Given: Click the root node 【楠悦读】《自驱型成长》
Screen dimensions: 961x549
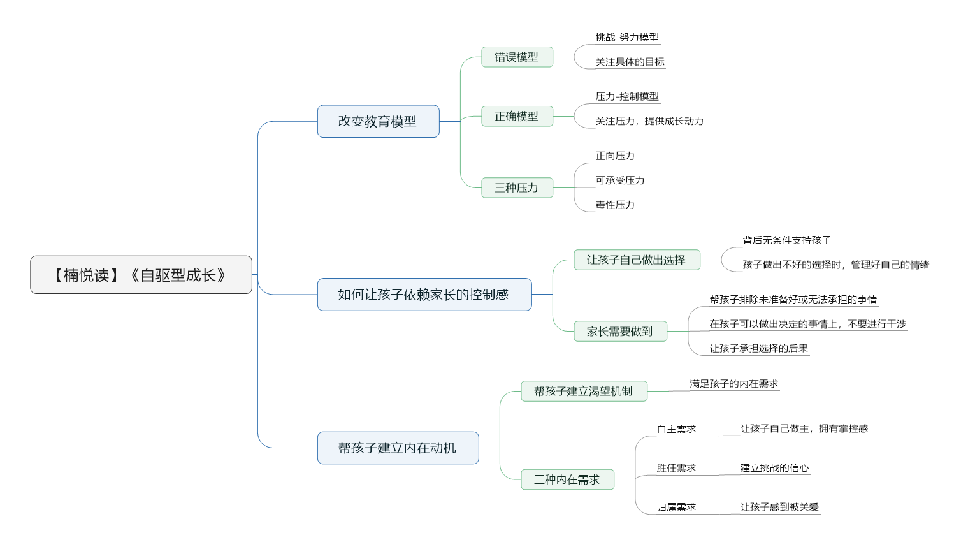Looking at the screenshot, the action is (141, 275).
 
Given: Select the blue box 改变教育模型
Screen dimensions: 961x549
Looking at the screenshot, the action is (378, 121).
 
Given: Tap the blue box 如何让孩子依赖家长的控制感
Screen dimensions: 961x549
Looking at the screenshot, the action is (424, 295).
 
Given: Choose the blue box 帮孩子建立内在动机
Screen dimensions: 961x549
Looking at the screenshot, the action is (398, 448).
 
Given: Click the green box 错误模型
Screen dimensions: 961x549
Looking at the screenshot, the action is (517, 57).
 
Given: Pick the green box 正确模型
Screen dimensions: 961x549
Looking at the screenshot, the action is (517, 116).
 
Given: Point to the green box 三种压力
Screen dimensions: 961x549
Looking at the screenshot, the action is (517, 187).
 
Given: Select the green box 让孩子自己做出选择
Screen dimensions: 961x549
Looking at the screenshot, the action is (637, 260).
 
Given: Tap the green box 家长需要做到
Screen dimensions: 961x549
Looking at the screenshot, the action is (620, 332).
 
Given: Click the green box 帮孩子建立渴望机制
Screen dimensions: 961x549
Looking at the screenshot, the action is (584, 391).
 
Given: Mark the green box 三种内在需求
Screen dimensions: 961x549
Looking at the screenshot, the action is (567, 479).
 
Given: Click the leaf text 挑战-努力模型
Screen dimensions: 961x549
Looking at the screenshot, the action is (627, 38).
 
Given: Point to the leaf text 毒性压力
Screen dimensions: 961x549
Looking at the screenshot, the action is (615, 205).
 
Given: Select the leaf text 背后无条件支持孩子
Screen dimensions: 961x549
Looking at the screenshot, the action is (787, 240).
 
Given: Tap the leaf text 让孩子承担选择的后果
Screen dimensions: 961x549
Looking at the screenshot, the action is (758, 348).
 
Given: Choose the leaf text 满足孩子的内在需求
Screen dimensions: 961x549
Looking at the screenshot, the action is (733, 383).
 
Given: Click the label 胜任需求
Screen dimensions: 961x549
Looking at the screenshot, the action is (676, 468).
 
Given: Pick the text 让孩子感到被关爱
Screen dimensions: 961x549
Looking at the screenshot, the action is (779, 507).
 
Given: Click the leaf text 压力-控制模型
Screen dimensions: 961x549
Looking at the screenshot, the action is (627, 96).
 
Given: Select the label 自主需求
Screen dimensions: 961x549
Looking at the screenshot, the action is (676, 428).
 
